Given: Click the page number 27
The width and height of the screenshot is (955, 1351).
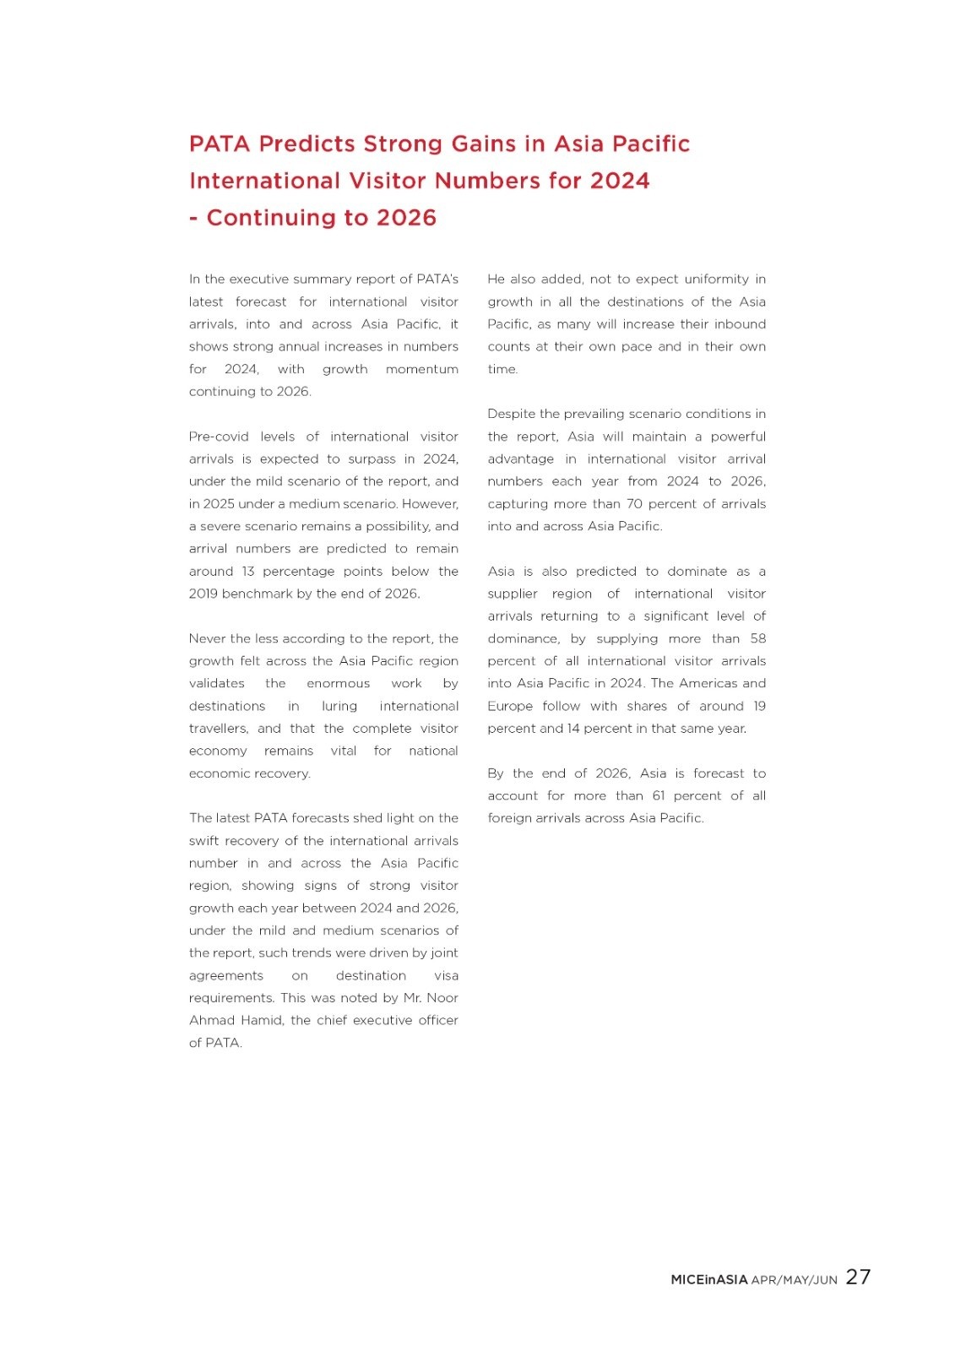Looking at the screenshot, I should pos(858,1277).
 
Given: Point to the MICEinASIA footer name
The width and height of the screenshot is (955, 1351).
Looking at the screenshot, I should pos(708,1279).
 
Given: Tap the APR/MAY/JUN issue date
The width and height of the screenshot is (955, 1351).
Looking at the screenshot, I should pos(794,1280).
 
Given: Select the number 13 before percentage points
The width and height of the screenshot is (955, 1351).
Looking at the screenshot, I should pos(247,571).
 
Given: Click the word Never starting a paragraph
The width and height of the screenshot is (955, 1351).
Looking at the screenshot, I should pos(208,638).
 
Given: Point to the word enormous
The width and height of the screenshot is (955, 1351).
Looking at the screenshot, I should pos(338,683).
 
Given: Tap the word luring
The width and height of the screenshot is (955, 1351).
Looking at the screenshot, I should pos(339,706).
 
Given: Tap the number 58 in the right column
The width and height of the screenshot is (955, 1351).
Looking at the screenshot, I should pos(757,638).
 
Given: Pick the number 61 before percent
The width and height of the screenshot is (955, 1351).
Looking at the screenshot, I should pos(659,795).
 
